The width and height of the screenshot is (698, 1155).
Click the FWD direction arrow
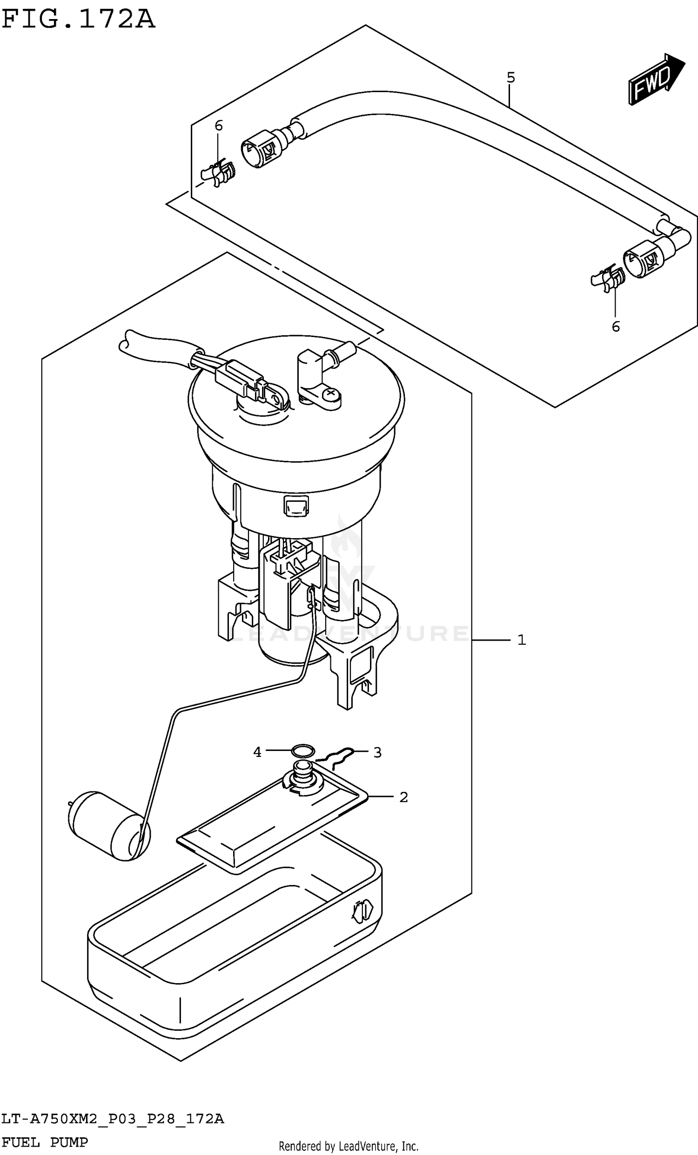tap(656, 80)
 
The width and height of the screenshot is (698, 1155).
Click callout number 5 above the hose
tap(510, 77)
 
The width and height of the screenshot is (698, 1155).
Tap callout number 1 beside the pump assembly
tap(522, 640)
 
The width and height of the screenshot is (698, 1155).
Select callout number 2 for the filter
tap(404, 797)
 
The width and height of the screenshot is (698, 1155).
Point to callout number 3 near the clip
tap(377, 753)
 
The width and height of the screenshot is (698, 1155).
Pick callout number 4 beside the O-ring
tap(257, 752)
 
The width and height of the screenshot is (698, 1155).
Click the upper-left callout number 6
tap(218, 126)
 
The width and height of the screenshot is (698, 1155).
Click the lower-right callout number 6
tap(616, 327)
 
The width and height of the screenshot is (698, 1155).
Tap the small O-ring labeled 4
tap(302, 751)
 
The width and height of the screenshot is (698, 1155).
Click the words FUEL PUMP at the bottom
tap(45, 1142)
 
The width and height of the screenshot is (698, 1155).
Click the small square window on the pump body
tap(295, 507)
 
